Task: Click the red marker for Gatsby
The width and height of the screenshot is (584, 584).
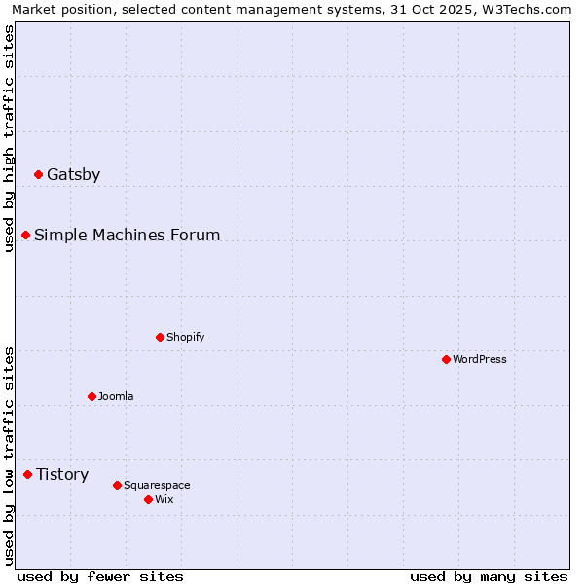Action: pos(39,175)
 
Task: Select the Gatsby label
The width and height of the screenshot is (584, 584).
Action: pos(73,175)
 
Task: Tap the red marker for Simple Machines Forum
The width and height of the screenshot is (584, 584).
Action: pos(26,236)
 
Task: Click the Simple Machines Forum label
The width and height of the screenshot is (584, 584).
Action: pos(127,236)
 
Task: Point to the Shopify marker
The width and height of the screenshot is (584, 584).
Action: pos(161,338)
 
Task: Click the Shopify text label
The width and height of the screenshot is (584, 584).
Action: pos(185,338)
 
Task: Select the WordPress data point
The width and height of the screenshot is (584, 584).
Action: pos(447,360)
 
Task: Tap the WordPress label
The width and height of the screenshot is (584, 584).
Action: pos(480,360)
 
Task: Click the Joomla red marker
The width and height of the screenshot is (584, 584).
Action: pos(92,397)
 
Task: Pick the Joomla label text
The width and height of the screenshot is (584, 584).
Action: pos(116,397)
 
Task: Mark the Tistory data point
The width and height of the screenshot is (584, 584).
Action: pos(28,475)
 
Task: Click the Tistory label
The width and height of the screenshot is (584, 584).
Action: pos(62,475)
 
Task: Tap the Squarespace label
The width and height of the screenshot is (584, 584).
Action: pos(157,486)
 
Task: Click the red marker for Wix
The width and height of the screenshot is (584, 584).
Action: pos(149,500)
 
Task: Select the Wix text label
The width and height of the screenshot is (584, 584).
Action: pos(164,500)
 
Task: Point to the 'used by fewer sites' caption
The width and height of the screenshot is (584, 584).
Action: pos(100,576)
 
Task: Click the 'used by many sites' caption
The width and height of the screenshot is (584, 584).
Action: pos(489,576)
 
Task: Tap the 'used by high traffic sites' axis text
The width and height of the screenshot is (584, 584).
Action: pos(9,138)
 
